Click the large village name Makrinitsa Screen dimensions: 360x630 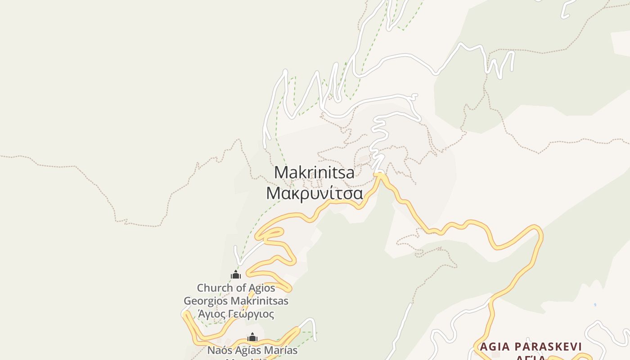pyautogui.click(x=314, y=173)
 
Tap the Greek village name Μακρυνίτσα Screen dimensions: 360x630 pyautogui.click(x=314, y=193)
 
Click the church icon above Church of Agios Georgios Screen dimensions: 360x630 pyautogui.click(x=236, y=274)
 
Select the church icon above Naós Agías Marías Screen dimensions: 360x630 pyautogui.click(x=252, y=337)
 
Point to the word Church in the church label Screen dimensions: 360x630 pyautogui.click(x=214, y=288)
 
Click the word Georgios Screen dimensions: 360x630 pyautogui.click(x=206, y=301)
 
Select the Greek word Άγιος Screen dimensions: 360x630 pyautogui.click(x=211, y=314)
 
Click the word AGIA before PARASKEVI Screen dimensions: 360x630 pyautogui.click(x=495, y=346)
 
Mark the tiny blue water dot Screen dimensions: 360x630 pyautogui.click(x=595, y=305)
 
